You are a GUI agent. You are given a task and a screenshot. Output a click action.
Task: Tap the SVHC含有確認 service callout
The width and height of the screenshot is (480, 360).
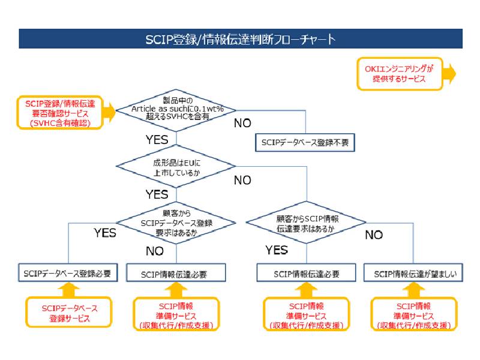[59, 111]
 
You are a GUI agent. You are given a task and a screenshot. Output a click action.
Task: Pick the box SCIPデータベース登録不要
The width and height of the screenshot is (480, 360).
[305, 143]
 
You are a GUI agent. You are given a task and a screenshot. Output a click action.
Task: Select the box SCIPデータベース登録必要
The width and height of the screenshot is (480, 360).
[67, 274]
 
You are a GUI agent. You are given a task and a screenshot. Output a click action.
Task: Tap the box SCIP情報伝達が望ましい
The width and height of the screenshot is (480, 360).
[415, 274]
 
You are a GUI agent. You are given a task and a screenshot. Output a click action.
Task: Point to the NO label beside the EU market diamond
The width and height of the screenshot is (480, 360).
[242, 180]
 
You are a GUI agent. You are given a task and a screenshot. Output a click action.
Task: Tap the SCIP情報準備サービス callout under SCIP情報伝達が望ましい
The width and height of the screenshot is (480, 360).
[415, 315]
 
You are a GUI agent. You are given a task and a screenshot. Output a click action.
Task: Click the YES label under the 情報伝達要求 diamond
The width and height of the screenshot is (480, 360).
[277, 250]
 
